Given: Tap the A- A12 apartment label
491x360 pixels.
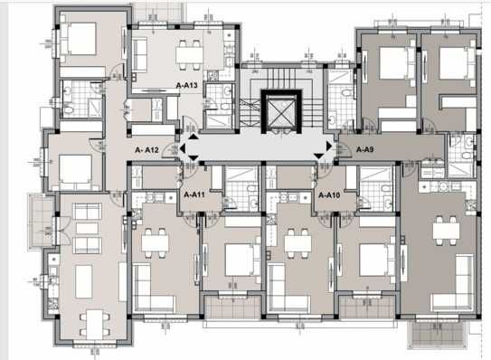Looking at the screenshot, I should [147, 150].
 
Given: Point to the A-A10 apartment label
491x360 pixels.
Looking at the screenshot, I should [328, 194].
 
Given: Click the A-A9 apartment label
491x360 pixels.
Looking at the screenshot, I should [365, 150].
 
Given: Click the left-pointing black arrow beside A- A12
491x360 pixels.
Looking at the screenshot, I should [186, 150].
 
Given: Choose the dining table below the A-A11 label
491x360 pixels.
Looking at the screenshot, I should [155, 241].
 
